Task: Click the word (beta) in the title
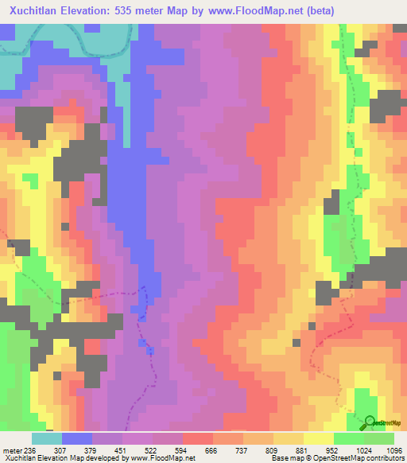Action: pyautogui.click(x=316, y=11)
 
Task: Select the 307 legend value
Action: pyautogui.click(x=60, y=450)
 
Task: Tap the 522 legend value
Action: pyautogui.click(x=152, y=450)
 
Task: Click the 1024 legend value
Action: pyautogui.click(x=362, y=450)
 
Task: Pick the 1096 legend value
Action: pyautogui.click(x=393, y=450)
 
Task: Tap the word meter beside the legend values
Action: pyautogui.click(x=12, y=450)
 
